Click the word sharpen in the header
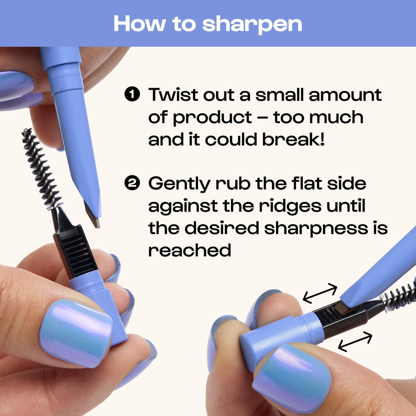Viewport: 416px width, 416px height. [252, 25]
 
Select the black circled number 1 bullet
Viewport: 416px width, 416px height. [132, 95]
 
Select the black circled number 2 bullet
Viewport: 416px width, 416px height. [132, 183]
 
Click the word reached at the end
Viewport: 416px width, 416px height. [190, 250]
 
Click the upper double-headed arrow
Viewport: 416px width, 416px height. [320, 294]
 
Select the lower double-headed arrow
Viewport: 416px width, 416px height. [355, 341]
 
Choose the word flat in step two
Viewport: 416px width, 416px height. [307, 183]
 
